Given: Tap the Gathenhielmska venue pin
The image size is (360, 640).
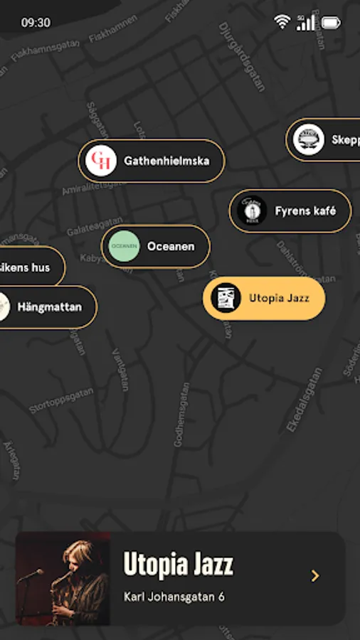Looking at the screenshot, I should tap(152, 161).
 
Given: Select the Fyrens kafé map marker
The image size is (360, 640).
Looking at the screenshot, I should tap(290, 210).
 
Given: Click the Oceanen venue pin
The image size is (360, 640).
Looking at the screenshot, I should tap(156, 247).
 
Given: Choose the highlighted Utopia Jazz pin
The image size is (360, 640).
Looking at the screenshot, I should tap(264, 299).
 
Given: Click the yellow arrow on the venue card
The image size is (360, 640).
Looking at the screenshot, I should tap(315, 576).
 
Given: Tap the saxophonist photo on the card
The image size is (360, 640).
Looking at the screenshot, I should tap(63, 579).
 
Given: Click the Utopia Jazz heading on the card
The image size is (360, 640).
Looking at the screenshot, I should tap(179, 565).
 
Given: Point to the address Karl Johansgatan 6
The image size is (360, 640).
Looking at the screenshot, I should tap(174, 597).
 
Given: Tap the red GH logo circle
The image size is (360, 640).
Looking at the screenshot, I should tap(100, 161).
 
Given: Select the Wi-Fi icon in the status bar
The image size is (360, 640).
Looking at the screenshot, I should tap(282, 23).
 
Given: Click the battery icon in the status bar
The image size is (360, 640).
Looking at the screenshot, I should tap(332, 23).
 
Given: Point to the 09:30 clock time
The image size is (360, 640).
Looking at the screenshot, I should tap(36, 23).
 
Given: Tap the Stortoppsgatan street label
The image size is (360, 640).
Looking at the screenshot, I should tap(60, 400).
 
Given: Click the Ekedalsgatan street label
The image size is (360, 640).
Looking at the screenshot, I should tap(304, 400).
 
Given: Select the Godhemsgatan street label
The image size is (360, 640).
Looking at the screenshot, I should tap(181, 415).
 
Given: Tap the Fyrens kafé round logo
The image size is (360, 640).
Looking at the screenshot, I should tap(251, 210).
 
